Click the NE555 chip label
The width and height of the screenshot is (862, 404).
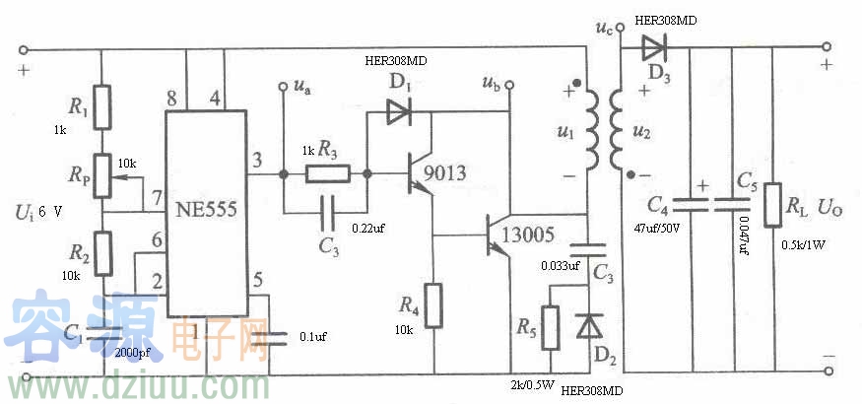(x=207, y=210)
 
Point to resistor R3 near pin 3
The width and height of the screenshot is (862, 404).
(x=327, y=174)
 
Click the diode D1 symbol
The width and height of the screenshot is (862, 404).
(x=398, y=112)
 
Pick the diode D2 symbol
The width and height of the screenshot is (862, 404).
(x=589, y=326)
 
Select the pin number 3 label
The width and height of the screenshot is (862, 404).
(x=258, y=161)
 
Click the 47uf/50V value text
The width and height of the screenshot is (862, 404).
(x=667, y=227)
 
